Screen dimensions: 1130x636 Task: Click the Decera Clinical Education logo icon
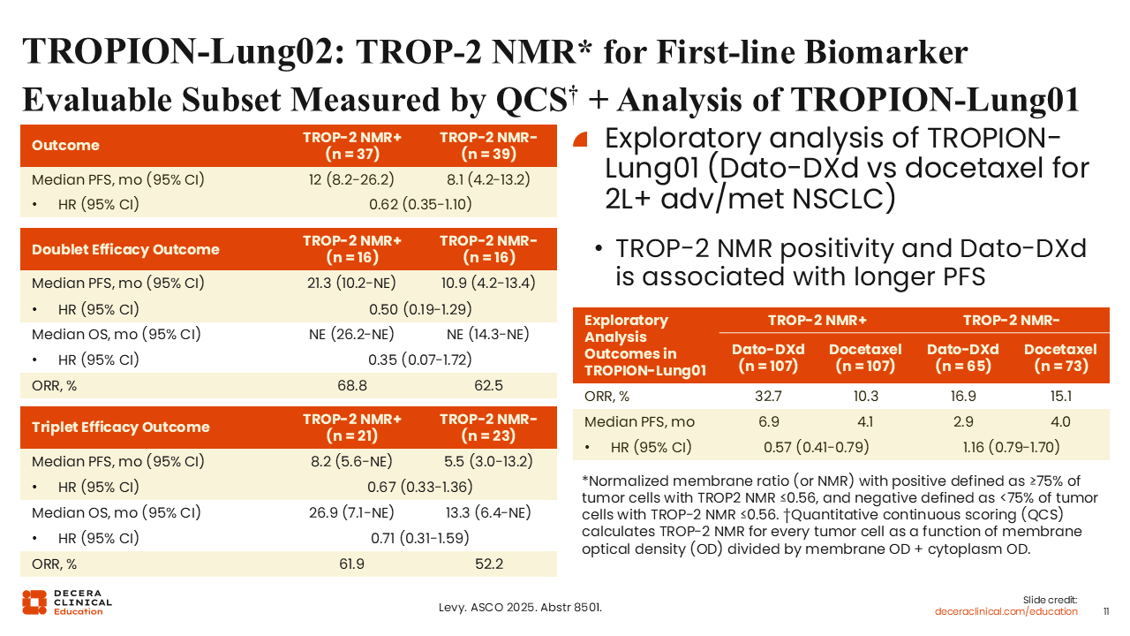coord(34,602)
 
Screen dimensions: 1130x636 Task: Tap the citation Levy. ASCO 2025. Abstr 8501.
coord(520,607)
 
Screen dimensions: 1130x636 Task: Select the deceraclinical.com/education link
coord(1006,612)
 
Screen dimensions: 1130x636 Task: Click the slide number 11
coord(1106,611)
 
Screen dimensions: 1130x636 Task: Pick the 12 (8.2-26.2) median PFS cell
coord(351,179)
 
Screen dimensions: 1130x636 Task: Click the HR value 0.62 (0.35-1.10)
coord(420,204)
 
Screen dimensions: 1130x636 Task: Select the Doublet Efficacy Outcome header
coord(125,249)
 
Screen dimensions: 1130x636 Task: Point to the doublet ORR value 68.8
coord(352,386)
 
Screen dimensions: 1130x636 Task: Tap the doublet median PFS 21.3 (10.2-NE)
coord(351,284)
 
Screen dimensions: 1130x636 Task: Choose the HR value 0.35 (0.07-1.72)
coord(420,360)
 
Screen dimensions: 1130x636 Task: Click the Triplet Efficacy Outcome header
coord(121,427)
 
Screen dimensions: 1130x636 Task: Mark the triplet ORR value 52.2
coord(489,564)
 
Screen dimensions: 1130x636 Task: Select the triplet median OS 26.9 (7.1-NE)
coord(351,513)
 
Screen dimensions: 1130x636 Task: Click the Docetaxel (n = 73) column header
coord(1060,358)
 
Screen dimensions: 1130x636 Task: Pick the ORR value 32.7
coord(768,397)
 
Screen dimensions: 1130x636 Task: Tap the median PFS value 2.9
coord(963,421)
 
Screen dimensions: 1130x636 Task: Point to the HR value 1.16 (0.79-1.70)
coord(1012,447)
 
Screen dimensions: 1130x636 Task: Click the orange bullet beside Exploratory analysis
coord(581,140)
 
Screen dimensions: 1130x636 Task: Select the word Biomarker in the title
coord(885,52)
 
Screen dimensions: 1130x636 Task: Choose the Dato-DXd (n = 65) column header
coord(963,358)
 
